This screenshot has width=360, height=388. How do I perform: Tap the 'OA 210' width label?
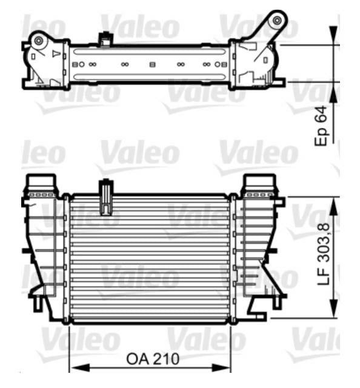[x=153, y=359]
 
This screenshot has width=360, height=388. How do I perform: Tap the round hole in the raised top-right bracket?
[x=277, y=20]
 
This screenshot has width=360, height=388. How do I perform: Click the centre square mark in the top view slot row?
[x=152, y=64]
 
